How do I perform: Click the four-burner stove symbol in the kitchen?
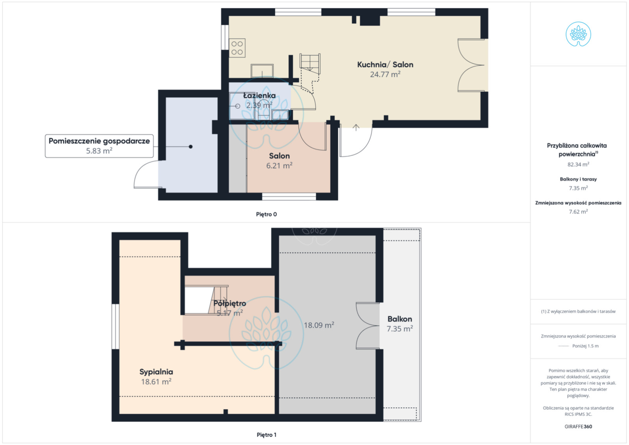point(237,48)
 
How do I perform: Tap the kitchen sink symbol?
point(262,71)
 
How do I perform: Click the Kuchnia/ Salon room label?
point(385,65)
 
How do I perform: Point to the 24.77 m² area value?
point(385,74)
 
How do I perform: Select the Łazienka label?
point(259,96)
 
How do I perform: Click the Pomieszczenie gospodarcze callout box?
point(99,146)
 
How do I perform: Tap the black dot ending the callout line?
point(191,146)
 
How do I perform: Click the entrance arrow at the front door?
point(356,128)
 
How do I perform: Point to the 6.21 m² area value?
point(279,166)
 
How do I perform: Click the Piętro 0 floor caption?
point(266,214)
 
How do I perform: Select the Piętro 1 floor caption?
point(266,435)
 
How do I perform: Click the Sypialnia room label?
point(156,372)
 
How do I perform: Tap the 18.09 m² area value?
point(319,325)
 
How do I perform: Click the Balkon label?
point(400,319)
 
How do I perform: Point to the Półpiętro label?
point(230,303)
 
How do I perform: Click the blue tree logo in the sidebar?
point(578,34)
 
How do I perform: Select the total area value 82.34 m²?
point(578,164)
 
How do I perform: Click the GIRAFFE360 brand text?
point(578,427)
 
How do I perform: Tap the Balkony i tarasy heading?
point(578,179)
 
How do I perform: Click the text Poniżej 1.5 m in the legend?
point(585,346)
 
